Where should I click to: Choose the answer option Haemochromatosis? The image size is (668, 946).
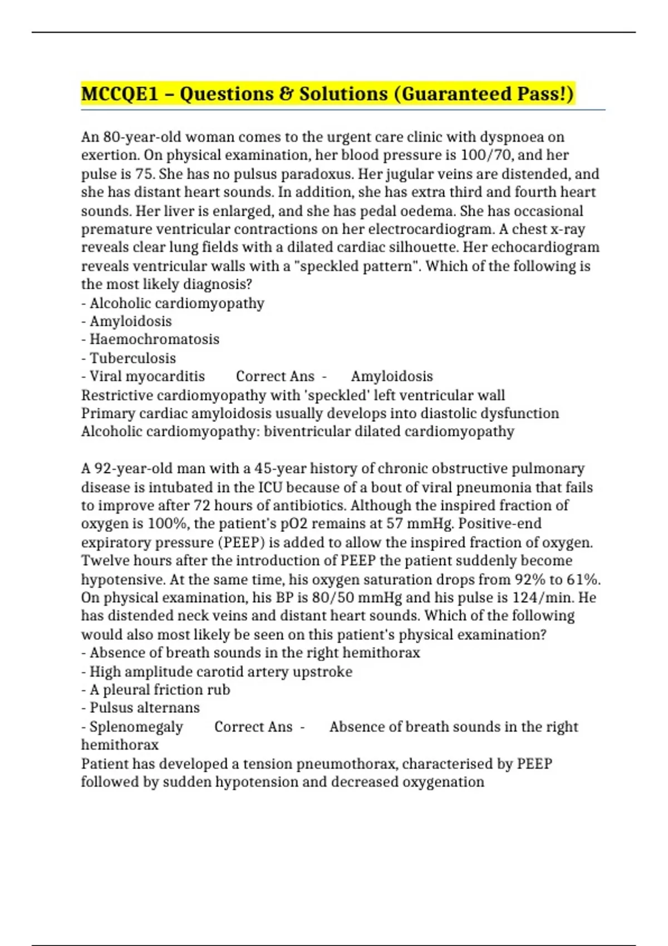pos(154,339)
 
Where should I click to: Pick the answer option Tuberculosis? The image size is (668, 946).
pos(132,358)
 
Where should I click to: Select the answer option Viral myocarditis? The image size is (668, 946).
pos(147,377)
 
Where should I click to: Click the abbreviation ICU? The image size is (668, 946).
pos(270,487)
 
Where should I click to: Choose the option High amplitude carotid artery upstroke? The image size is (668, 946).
pos(220,672)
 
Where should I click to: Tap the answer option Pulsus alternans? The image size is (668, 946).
pos(144,708)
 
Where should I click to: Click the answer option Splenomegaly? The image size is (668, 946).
pos(136,727)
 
